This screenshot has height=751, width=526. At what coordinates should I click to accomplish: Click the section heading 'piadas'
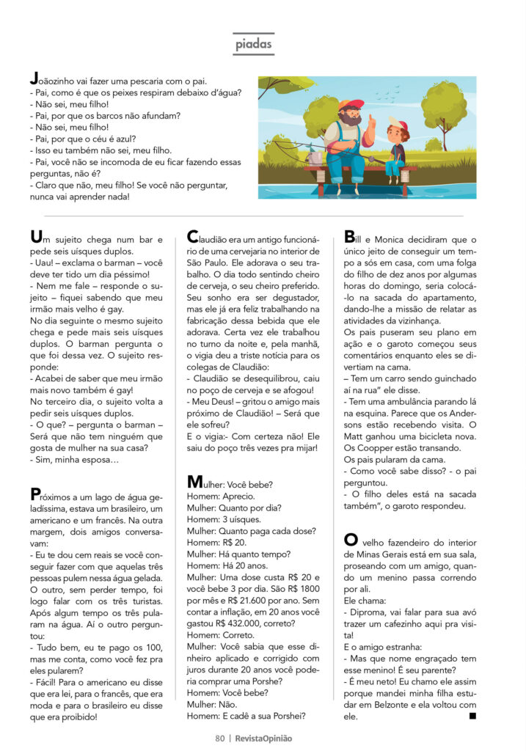tap(253, 45)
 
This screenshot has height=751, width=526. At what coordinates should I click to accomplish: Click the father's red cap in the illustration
tap(350, 104)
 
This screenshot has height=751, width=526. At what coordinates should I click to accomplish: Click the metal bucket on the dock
tap(315, 157)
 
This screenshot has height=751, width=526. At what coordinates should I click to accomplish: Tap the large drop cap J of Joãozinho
tap(33, 77)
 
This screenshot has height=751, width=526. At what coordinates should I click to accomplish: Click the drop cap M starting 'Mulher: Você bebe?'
tap(195, 482)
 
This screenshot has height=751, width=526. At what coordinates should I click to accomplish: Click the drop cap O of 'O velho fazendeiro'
tap(351, 540)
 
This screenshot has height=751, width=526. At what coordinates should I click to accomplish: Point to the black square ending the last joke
tap(472, 714)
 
